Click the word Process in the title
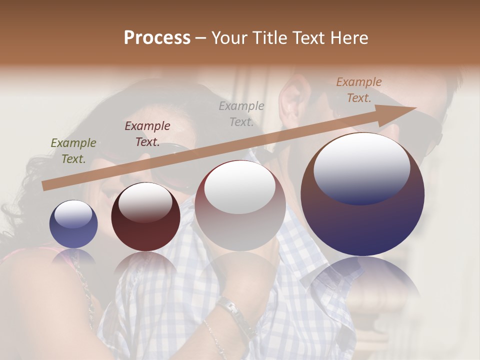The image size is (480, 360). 157,38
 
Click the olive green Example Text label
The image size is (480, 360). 73,151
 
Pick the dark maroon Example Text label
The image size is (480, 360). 147,134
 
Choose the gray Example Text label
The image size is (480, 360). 241,113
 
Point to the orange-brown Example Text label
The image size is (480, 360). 358,90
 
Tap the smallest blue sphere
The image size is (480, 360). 73,224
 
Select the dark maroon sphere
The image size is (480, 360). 145,217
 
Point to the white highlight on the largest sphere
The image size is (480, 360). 362,167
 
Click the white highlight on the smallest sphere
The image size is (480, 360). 73,214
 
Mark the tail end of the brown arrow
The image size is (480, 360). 45,185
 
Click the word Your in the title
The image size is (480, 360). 227,38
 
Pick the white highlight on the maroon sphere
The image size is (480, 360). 145,202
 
